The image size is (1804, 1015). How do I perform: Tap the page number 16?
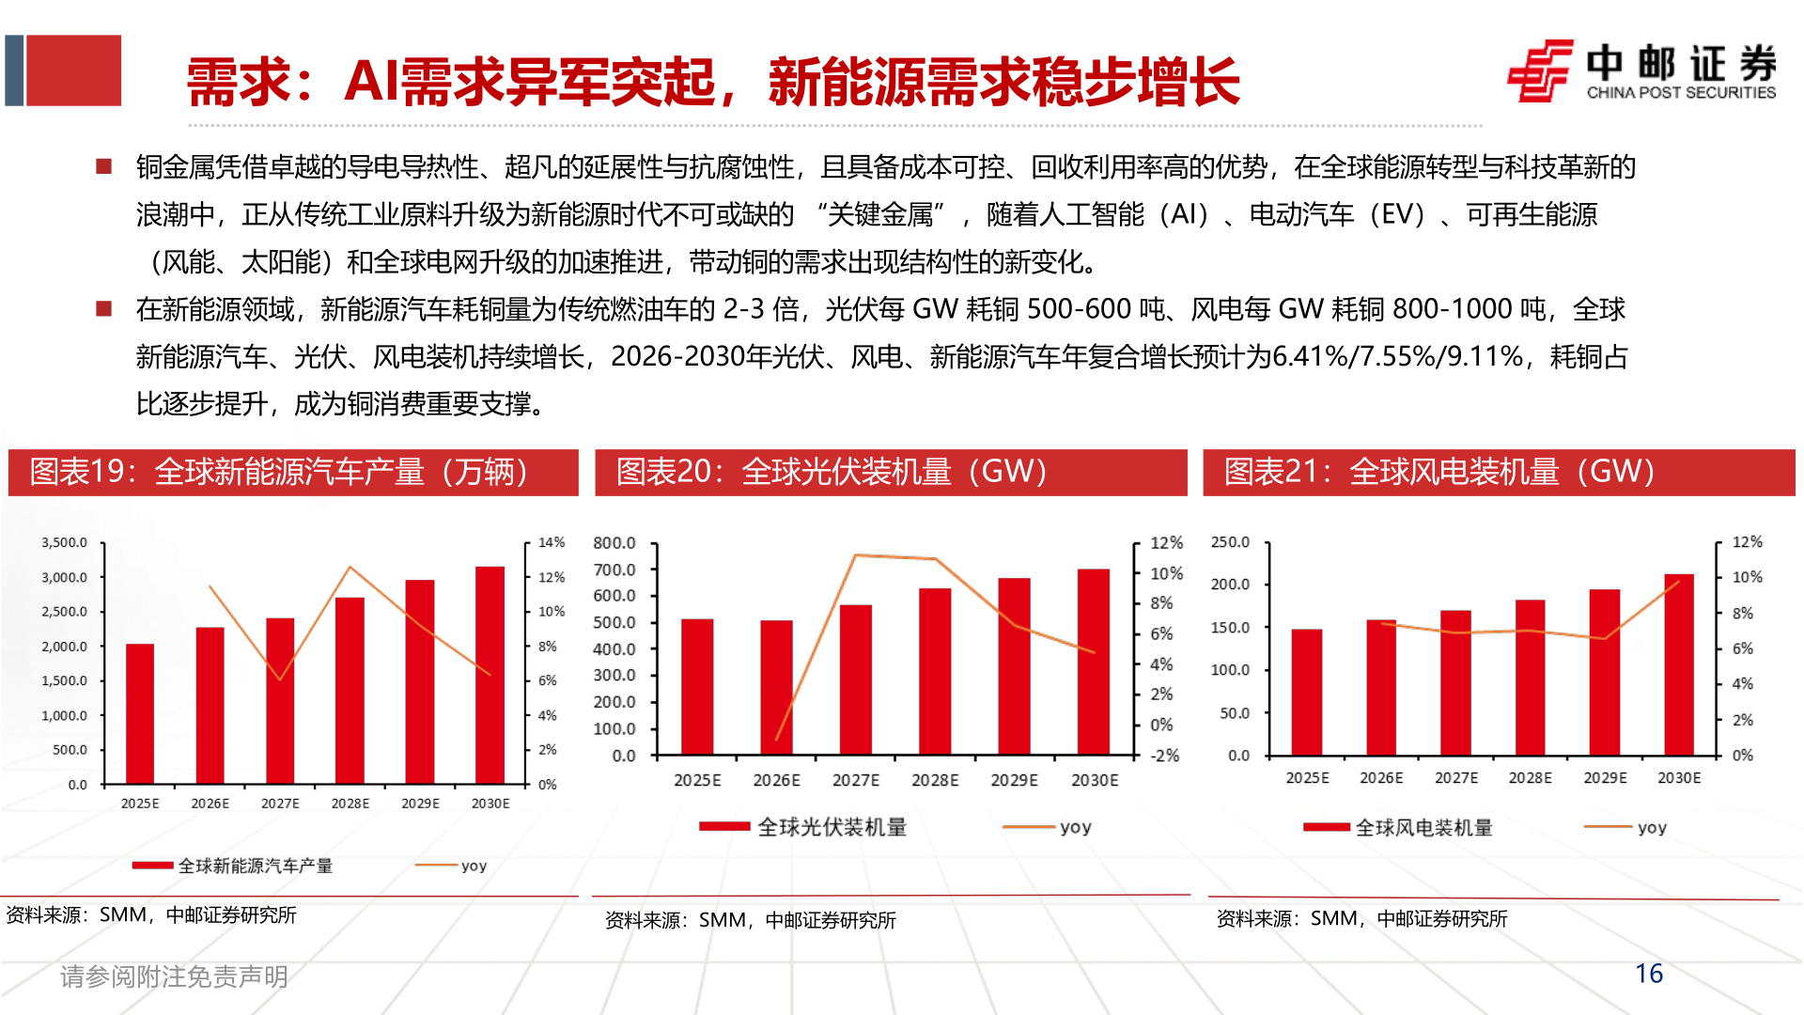click(1648, 974)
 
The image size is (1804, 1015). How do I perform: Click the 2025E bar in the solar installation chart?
click(696, 687)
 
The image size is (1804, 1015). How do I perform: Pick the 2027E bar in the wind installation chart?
click(1455, 683)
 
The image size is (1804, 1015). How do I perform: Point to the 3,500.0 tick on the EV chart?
click(64, 542)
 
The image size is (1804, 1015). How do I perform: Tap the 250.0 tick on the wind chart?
click(1230, 542)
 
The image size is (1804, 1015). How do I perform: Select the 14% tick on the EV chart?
click(552, 542)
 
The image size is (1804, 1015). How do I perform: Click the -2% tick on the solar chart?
click(1165, 756)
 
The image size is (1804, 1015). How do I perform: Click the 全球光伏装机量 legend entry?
click(832, 827)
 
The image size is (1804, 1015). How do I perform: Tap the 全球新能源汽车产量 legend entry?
click(255, 866)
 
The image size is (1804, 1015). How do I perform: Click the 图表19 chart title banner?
click(292, 472)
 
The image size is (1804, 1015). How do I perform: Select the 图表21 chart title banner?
click(1498, 472)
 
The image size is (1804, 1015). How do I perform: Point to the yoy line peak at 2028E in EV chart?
click(350, 567)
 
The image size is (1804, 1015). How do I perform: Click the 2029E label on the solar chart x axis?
click(1014, 780)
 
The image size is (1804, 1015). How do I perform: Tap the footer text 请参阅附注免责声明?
click(174, 977)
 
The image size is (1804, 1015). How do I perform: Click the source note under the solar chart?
click(750, 920)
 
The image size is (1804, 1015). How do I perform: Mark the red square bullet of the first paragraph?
click(104, 167)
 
